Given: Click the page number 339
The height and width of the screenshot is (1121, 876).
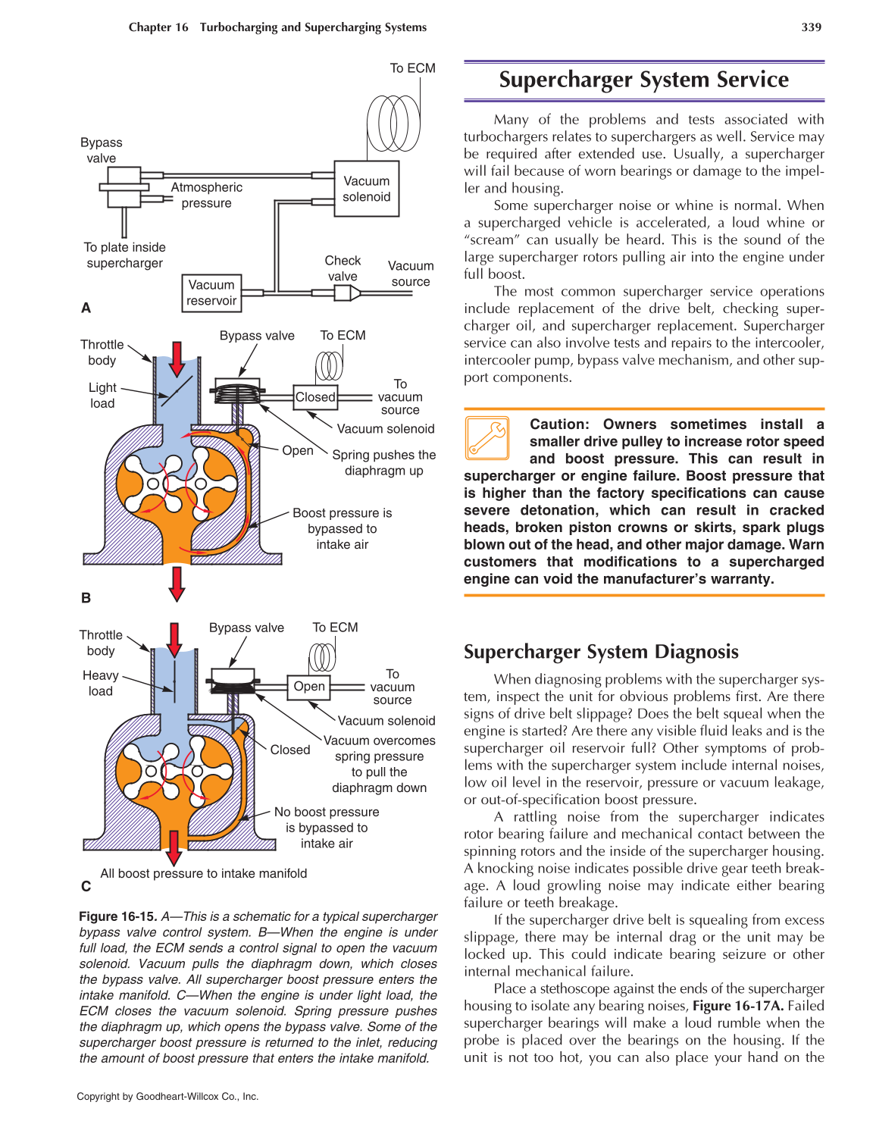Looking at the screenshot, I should click(811, 27).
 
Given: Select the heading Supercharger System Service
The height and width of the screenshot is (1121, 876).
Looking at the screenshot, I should click(643, 80).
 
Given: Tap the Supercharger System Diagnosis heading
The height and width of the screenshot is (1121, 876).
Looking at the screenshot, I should click(601, 652).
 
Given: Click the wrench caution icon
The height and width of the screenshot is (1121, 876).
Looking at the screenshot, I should click(487, 438).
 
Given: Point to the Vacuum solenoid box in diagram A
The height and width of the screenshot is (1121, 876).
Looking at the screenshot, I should click(367, 189).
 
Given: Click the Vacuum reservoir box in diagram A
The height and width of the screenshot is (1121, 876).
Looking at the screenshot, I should click(211, 293).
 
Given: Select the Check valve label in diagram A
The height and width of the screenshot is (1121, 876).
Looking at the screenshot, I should click(343, 268).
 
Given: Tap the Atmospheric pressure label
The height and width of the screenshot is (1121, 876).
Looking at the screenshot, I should click(206, 195).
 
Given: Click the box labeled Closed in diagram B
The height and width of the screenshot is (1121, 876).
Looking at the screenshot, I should click(315, 397).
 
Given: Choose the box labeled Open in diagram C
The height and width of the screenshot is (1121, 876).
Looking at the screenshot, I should click(309, 687).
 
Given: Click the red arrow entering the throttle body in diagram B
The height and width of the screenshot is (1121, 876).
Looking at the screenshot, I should click(177, 359).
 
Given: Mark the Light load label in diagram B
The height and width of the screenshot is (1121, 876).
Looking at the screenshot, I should click(102, 395).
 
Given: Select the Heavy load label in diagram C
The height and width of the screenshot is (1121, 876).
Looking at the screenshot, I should click(100, 683).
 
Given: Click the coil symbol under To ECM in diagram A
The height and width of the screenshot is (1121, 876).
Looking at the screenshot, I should click(393, 122).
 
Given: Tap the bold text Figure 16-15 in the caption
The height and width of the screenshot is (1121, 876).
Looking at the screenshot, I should click(117, 916).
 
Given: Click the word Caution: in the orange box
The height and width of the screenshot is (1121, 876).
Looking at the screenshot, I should click(558, 424).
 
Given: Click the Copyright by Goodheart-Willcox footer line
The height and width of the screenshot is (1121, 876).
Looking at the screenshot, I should click(167, 1096).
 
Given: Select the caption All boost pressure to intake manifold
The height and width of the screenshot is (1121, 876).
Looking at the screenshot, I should click(204, 873).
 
